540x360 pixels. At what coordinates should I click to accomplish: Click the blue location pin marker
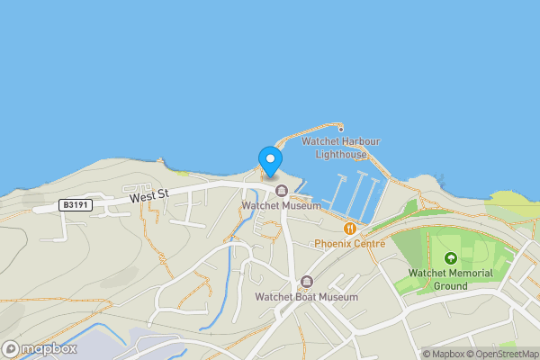point(269,159)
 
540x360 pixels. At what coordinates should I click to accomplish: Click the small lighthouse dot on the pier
point(341,130)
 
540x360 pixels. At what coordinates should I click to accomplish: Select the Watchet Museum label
point(282,205)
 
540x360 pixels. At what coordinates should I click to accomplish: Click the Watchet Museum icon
point(282,190)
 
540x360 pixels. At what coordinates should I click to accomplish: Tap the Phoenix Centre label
point(350,244)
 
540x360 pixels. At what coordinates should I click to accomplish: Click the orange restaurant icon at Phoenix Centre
point(350,229)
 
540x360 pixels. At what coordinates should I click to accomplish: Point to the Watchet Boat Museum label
point(306,297)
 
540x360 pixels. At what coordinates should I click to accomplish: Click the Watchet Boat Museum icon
point(307,281)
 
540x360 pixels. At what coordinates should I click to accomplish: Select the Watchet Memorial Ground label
point(450,279)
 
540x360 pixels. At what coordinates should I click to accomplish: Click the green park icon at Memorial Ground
point(450,259)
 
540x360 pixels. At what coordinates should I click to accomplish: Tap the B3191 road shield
point(74,205)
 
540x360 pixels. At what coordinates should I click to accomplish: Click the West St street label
point(148,194)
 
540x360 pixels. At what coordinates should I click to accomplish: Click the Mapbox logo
point(40,348)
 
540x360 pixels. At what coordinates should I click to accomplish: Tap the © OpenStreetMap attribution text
point(503,354)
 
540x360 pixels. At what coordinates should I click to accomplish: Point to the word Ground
point(450,286)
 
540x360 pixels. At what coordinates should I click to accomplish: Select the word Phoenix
point(331,244)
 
